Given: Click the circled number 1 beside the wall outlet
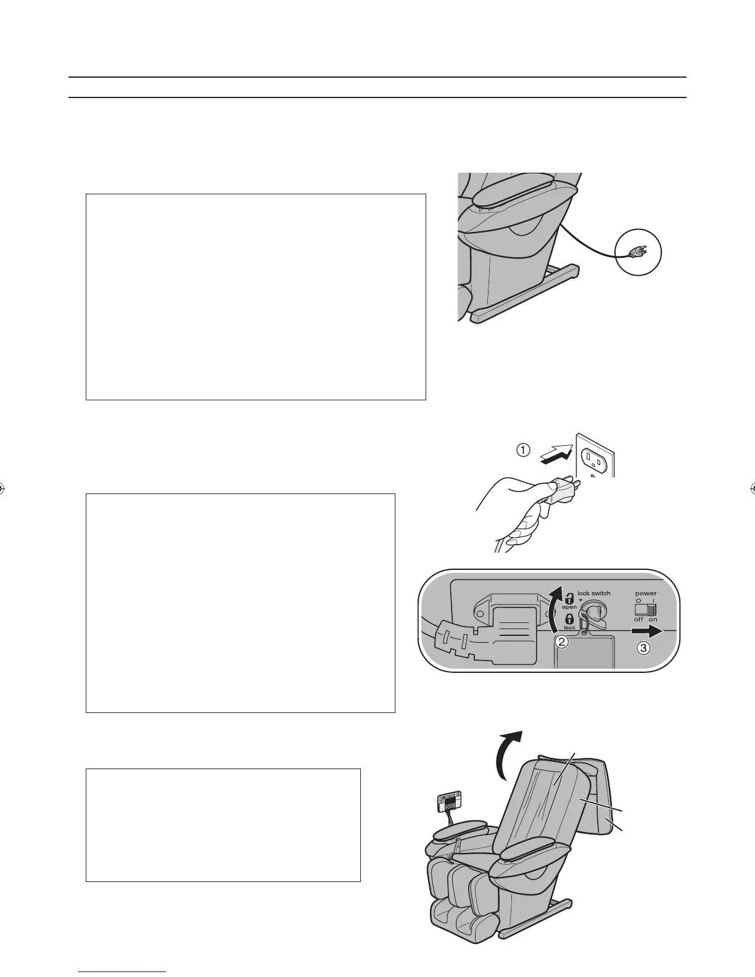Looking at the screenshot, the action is [x=522, y=450].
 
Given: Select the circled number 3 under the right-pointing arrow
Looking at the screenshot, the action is [x=643, y=648].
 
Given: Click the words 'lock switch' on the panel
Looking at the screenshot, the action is [x=594, y=593].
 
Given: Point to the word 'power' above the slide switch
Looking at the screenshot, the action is [x=646, y=593].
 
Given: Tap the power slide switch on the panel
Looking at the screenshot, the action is [x=646, y=609].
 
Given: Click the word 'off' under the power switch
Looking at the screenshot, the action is [x=638, y=620].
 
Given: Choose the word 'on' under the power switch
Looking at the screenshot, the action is [x=653, y=620].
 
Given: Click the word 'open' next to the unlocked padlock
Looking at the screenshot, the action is [x=569, y=608].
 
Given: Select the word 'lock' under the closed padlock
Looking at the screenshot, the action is [x=569, y=627].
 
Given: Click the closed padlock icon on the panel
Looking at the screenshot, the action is [x=570, y=618].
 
